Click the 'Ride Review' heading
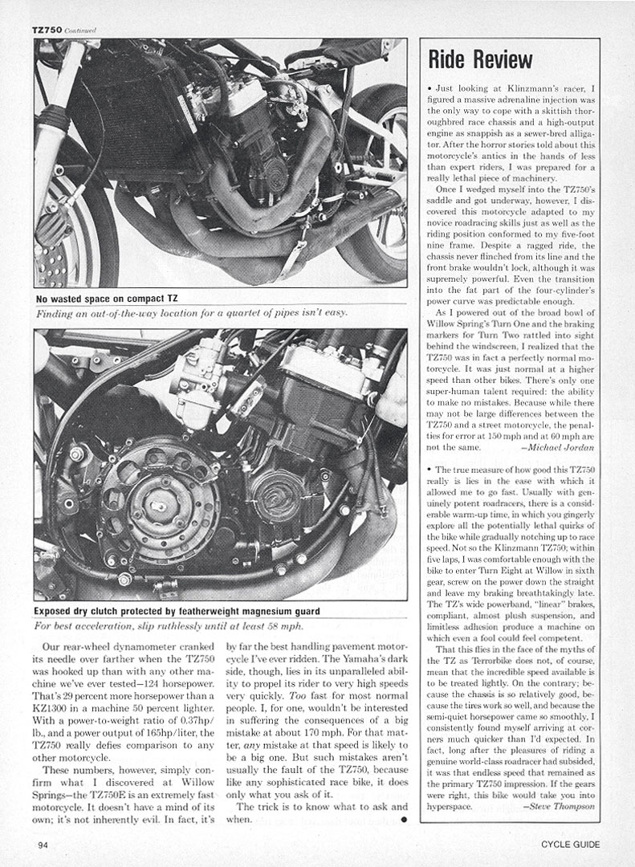tap(480, 59)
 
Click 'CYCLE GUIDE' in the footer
tap(569, 844)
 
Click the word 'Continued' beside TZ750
tap(81, 31)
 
